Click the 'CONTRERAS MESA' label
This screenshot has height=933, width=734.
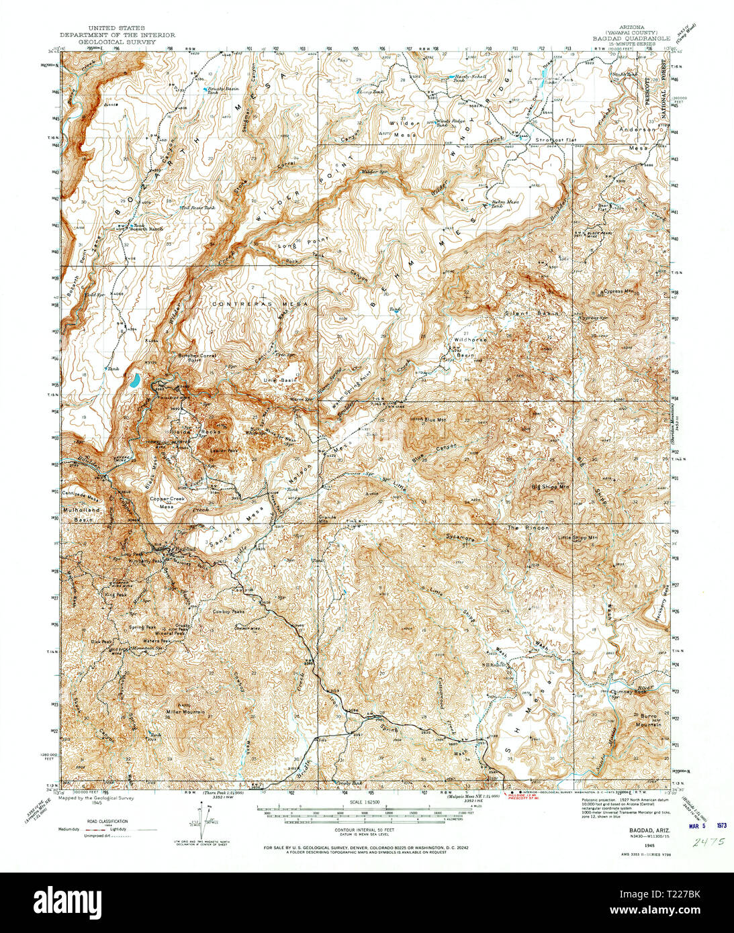tap(250, 304)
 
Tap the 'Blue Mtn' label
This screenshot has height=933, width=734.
tap(434, 420)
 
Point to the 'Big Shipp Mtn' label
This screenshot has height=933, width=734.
tap(550, 487)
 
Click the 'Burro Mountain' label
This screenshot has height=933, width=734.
tap(648, 722)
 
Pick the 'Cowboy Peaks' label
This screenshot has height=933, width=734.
tap(228, 611)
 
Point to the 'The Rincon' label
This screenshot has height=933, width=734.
tap(527, 528)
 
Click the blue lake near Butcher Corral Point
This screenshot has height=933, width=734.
tap(135, 381)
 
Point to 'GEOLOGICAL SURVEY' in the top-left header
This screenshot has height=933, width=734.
tap(117, 41)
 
